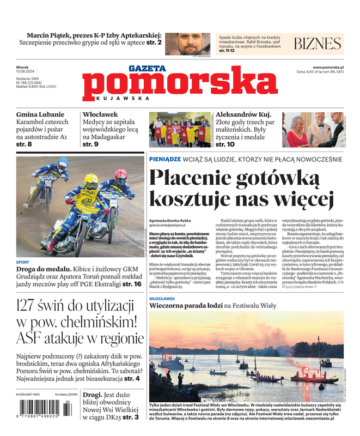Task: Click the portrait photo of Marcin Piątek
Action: (x=187, y=44)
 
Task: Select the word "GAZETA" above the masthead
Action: (x=147, y=69)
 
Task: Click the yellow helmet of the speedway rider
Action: (x=91, y=181)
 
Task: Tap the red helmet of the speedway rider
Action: (x=120, y=175)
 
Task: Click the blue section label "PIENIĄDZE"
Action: (x=165, y=159)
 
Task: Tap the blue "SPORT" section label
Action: (x=23, y=262)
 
